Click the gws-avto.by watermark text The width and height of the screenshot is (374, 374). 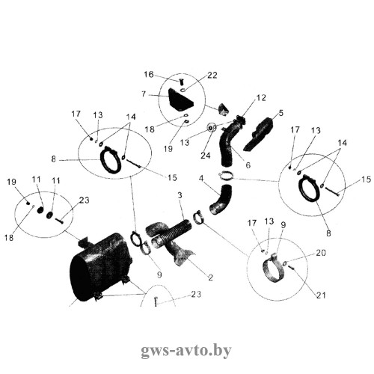(186, 351)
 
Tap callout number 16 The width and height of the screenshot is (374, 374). (149, 74)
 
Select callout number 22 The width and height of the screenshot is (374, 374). (212, 75)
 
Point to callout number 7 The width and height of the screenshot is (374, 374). (144, 94)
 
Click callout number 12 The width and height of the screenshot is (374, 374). (261, 98)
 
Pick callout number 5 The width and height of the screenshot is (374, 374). (281, 113)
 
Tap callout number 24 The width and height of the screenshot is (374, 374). (206, 156)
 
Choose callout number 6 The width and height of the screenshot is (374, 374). (248, 165)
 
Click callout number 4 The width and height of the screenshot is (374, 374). (201, 178)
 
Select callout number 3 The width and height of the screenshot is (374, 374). (180, 195)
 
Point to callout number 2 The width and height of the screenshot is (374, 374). (211, 278)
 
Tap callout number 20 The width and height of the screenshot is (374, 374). (321, 253)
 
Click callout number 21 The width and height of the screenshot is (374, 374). (321, 295)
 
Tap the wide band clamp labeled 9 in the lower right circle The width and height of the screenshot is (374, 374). (275, 268)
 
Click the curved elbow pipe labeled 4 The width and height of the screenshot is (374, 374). (221, 200)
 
